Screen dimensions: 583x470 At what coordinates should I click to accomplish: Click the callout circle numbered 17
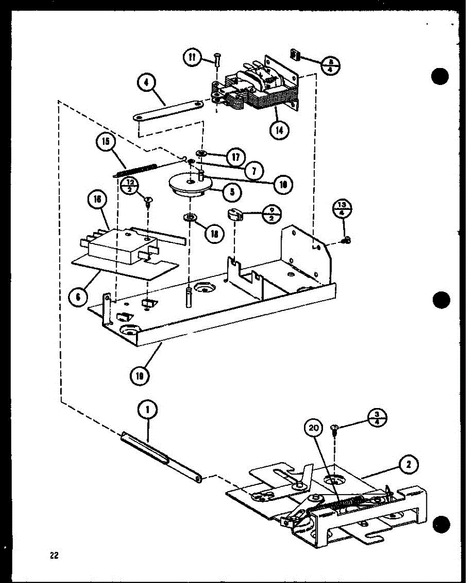[x=236, y=157]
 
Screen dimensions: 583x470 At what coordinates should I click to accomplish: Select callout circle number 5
[x=233, y=192]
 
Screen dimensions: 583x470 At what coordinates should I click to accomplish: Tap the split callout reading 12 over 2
[x=130, y=186]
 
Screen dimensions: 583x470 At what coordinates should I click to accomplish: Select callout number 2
[x=408, y=465]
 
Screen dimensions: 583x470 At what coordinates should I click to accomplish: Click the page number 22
[x=53, y=555]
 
